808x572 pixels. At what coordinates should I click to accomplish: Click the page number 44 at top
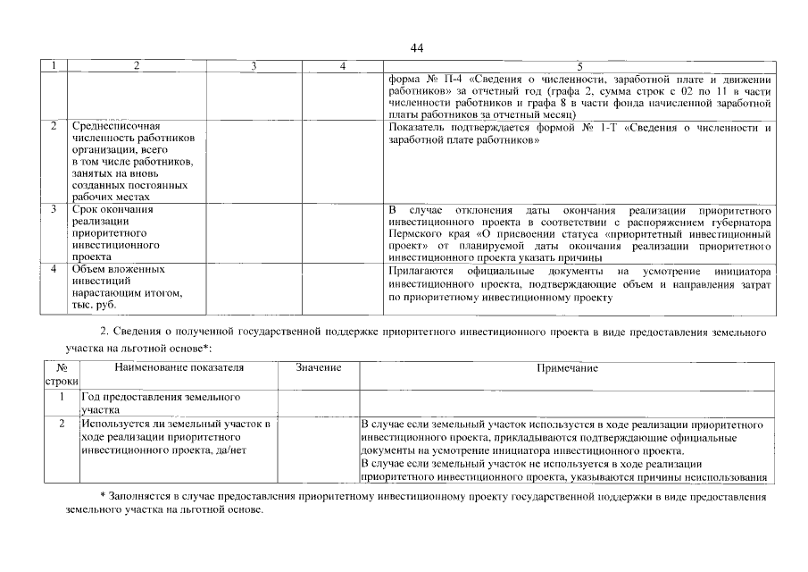(x=417, y=47)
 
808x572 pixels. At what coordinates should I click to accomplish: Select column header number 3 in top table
(x=254, y=66)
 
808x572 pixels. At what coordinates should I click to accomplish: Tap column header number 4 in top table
(x=343, y=66)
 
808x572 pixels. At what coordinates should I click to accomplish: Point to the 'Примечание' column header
(x=567, y=368)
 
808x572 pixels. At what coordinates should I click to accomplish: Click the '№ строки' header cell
(x=62, y=374)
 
